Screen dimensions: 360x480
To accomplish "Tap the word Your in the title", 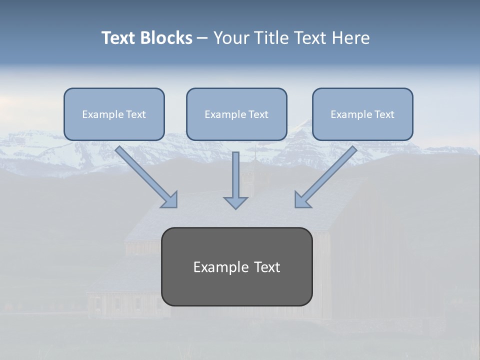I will tap(231, 38).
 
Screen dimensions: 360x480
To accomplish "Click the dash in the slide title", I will tap(202, 38).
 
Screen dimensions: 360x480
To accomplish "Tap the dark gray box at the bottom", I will tap(236, 287).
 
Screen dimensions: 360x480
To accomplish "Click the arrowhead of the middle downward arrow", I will tap(235, 202).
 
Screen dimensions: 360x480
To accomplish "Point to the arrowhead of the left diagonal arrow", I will tap(170, 200).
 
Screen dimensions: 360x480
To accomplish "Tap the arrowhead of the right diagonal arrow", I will tap(302, 200).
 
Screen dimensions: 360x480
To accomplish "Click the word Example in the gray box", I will tap(216, 267).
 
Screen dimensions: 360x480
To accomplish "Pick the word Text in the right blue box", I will tap(384, 114).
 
